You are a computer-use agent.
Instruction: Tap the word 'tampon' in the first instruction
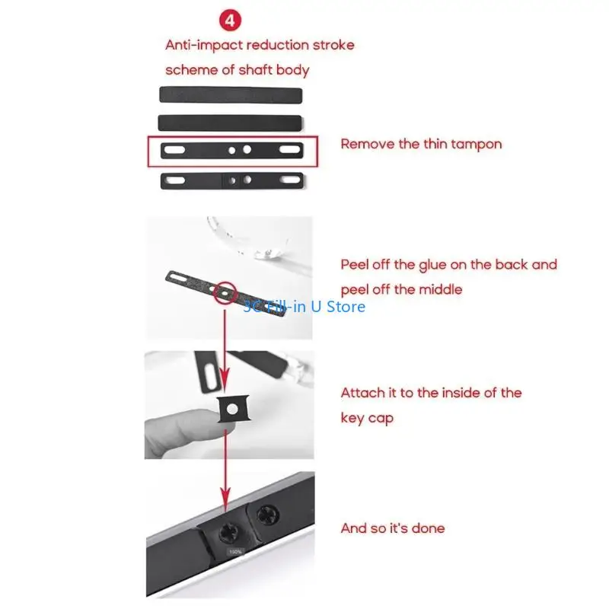477,143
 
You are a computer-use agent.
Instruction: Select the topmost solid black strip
231,94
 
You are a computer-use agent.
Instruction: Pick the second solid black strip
231,122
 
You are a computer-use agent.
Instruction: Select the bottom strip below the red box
232,181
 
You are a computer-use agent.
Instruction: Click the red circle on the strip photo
225,292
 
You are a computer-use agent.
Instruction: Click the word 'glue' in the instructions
436,265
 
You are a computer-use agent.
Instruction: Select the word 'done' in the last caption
429,528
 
